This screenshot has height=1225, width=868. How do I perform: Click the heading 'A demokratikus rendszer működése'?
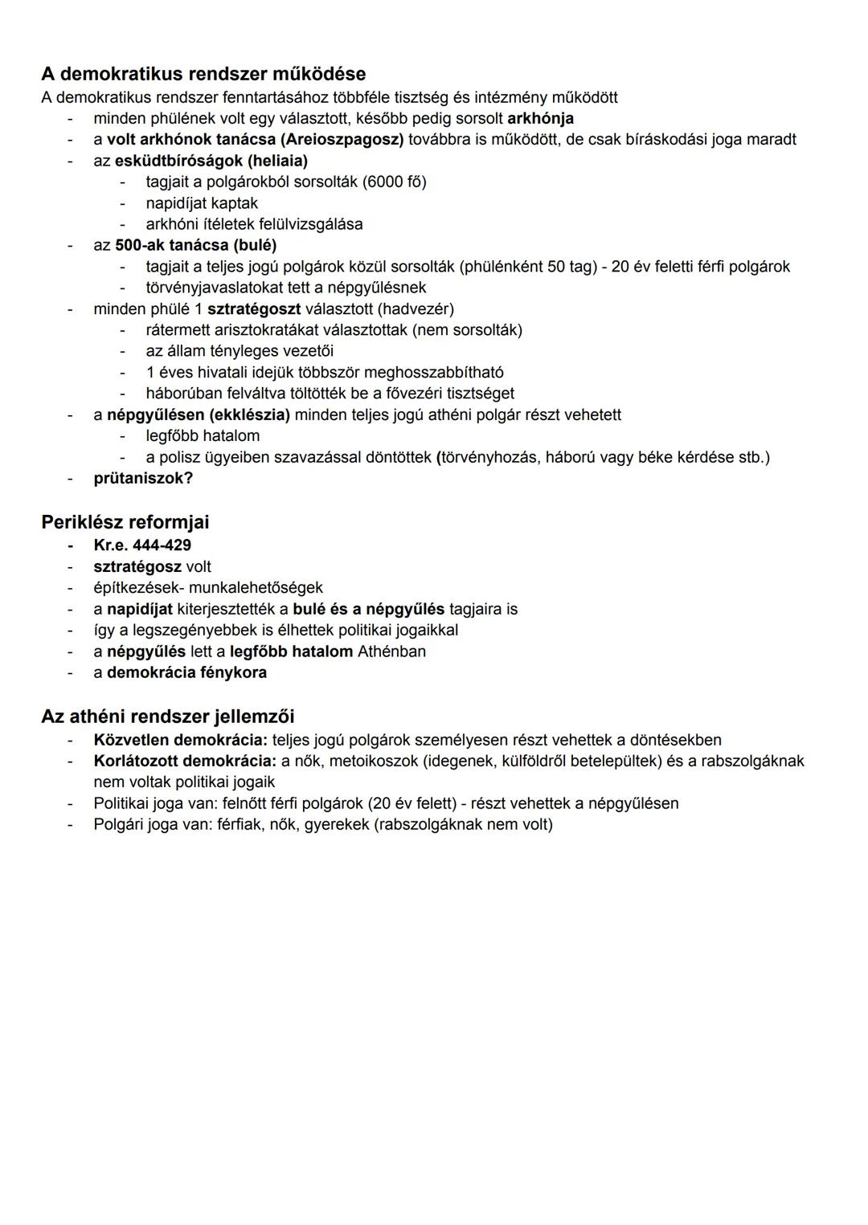[203, 74]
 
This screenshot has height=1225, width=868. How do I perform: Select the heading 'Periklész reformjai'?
[125, 522]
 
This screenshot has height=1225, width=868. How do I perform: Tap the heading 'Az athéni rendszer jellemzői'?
[168, 716]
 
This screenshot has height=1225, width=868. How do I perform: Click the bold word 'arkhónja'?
[540, 119]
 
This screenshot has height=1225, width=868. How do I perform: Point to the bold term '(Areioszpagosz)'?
[342, 140]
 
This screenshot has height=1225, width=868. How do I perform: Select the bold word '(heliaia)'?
[277, 161]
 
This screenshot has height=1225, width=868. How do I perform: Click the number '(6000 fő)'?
[394, 182]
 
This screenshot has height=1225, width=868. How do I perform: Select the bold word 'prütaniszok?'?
[143, 478]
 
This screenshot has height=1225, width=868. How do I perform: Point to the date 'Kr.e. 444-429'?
[142, 545]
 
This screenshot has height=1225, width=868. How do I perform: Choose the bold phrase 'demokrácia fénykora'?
[186, 672]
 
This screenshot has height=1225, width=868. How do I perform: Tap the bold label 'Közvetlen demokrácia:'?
[180, 740]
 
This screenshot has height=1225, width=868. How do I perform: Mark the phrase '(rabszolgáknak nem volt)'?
[463, 824]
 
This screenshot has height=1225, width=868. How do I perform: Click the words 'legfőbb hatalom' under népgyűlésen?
[203, 436]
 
